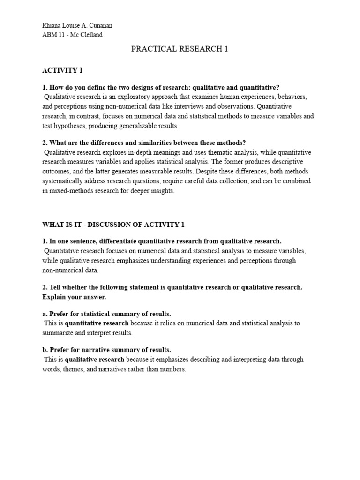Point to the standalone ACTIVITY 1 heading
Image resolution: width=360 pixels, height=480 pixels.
pyautogui.click(x=62, y=70)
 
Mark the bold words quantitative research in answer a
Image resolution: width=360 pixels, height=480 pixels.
pyautogui.click(x=97, y=323)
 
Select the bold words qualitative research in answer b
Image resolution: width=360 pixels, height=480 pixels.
pyautogui.click(x=94, y=360)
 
